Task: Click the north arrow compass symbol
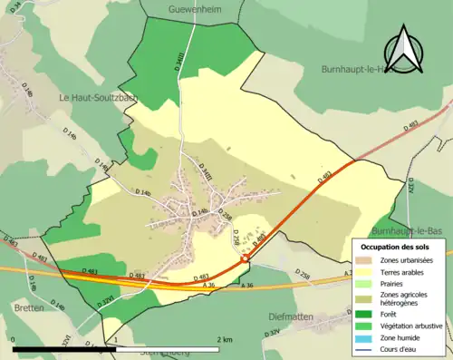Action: [x=403, y=52]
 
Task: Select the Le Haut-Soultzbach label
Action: [x=99, y=97]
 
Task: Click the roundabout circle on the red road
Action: [x=244, y=259]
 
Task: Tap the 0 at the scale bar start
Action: [x=14, y=339]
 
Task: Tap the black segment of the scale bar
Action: [x=63, y=349]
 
